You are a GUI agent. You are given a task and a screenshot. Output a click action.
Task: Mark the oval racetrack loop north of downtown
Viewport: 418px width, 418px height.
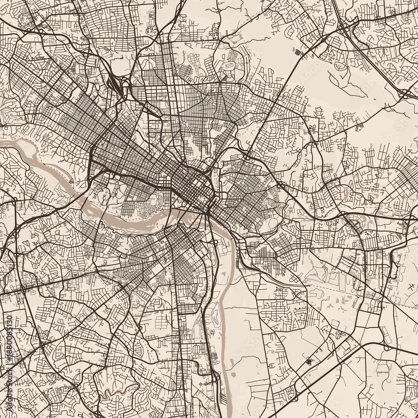click(229, 66)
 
